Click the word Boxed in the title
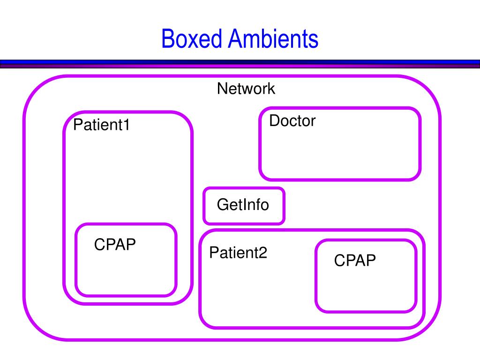[192, 39]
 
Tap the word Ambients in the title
[273, 39]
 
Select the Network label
[246, 89]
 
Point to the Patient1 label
[101, 125]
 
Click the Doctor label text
[292, 120]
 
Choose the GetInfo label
[243, 204]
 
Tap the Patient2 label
[238, 253]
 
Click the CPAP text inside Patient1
[115, 244]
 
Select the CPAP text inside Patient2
[355, 260]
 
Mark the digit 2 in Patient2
[263, 253]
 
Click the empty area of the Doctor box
[340, 153]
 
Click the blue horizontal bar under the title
[240, 62]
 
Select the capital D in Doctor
[274, 120]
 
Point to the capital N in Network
[222, 89]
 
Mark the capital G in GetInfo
[223, 204]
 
